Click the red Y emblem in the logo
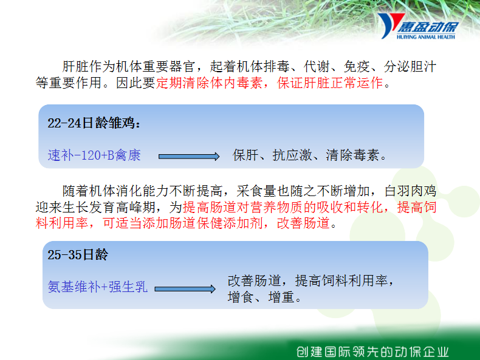coord(389,25)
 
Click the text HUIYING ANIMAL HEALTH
coord(425,37)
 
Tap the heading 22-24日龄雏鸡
coord(94,123)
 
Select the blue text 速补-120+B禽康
coord(94,155)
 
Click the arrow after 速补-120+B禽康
coord(189,156)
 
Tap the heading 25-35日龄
coord(78,254)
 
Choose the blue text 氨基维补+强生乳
coord(97,287)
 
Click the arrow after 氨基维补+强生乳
coord(185,289)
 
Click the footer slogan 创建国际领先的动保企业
coord(372,352)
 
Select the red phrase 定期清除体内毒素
coord(209,83)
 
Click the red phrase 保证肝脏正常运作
coord(330,83)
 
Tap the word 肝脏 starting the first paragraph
coord(75,67)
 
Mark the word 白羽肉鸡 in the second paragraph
coord(410,191)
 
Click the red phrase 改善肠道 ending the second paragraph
coord(303,223)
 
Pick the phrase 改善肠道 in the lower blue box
coord(255,280)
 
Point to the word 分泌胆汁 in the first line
coord(410,67)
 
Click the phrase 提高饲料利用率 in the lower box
coord(341,280)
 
